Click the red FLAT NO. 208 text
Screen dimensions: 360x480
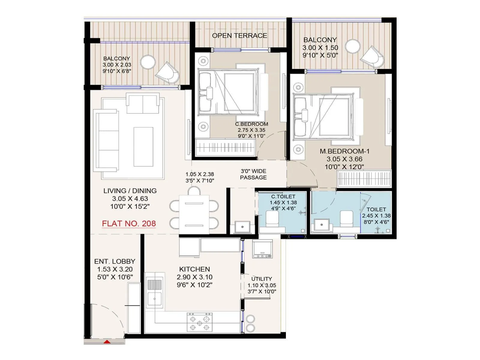pos(129,223)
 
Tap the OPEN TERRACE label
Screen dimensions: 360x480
pos(239,36)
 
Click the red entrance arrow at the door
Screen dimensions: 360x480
pos(107,342)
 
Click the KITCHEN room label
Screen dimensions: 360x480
pos(194,269)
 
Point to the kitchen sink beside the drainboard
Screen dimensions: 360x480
pos(154,299)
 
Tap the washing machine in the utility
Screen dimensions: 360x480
pos(262,249)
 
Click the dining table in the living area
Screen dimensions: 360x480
pos(194,214)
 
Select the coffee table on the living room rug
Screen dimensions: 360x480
pos(143,146)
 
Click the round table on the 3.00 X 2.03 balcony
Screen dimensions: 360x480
pos(148,62)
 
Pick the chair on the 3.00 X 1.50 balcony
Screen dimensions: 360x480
pos(372,57)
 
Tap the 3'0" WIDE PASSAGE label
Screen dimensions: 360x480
pos(253,174)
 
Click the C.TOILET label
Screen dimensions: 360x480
pos(283,196)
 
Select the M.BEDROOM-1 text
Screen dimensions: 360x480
pos(344,151)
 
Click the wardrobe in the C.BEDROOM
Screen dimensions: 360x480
pos(225,147)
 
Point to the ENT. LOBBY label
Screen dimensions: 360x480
pos(115,261)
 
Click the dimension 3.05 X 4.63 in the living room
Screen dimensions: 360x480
pos(130,199)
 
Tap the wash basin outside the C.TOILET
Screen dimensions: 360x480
pos(242,227)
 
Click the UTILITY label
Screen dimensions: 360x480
pos(262,279)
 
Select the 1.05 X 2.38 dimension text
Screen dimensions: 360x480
pos(199,174)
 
